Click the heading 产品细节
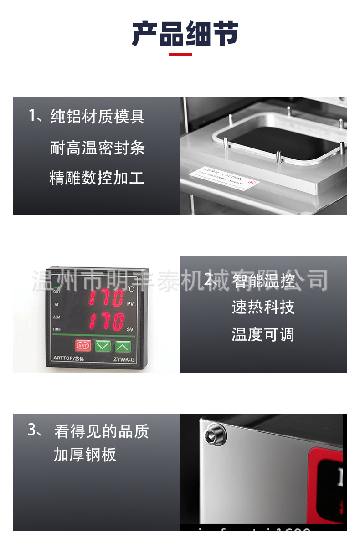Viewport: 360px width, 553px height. point(185,34)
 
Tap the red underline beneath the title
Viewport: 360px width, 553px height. point(180,55)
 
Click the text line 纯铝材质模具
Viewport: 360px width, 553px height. point(98,117)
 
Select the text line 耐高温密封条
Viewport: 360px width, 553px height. point(98,148)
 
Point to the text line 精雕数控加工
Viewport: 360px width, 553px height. point(97,178)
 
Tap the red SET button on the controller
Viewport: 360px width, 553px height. point(83,346)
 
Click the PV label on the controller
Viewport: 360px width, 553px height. point(130,304)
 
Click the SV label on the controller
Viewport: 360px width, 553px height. point(130,329)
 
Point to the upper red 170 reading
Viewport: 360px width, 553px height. point(106,298)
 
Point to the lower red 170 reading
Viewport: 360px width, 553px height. point(106,322)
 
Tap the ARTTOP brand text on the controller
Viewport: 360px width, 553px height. point(69,358)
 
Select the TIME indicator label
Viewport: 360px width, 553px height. point(57,329)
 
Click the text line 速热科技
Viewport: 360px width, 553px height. point(263,307)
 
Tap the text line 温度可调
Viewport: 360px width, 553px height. point(263,335)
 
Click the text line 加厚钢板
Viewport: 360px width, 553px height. point(85,455)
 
